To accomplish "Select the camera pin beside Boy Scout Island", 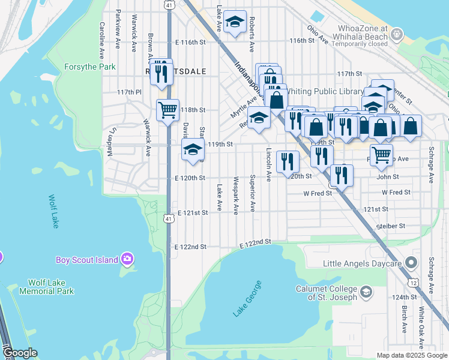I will pos(127,259).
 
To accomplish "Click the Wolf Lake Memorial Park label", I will pos(51,287).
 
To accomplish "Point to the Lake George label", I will pos(249,298).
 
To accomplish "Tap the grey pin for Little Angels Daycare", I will pos(411,263).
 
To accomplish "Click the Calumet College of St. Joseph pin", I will pos(366,292).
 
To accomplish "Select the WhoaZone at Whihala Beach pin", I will pos(396,35).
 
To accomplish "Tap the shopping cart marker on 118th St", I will pos(167,110).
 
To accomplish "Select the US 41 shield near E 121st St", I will pos(170,220).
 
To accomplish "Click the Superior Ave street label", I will pos(253,193).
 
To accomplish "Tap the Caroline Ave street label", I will pos(102,36).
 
